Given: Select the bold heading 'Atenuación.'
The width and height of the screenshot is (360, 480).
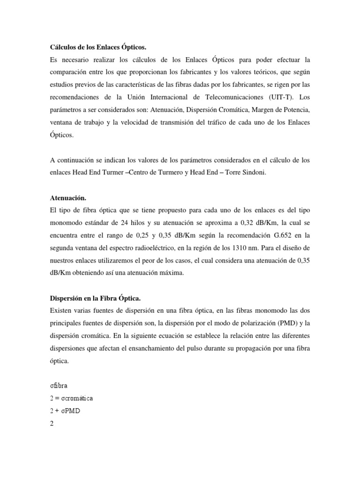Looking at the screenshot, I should pos(68,198).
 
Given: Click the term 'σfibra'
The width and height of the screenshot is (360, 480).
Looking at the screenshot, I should pos(59,386).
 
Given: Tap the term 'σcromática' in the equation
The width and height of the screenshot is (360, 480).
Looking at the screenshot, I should pos(76,398).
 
